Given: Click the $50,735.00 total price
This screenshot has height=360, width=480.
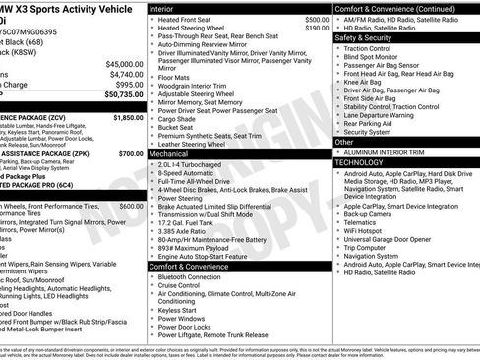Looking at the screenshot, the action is (x=120, y=96).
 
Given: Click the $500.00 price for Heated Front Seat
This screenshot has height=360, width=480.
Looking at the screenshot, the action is (x=317, y=19).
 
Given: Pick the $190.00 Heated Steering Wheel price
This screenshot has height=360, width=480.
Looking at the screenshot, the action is (x=317, y=29).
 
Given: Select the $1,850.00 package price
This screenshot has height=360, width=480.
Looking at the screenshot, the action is (x=128, y=117).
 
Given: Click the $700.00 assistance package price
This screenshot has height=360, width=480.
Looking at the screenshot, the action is (x=130, y=154).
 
